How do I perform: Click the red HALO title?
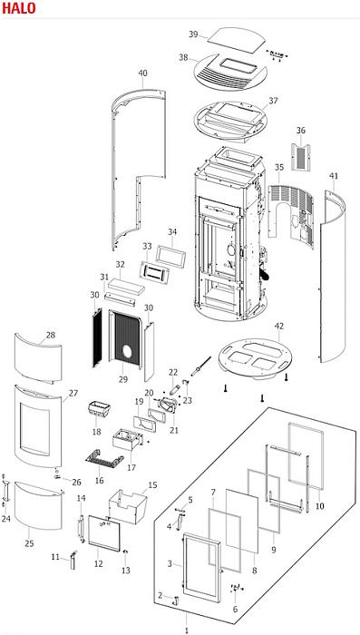19,7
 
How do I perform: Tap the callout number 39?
193,34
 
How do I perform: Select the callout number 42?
279,326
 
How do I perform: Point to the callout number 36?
300,131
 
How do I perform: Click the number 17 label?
131,468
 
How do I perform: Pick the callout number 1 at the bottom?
186,630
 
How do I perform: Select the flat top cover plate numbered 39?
237,40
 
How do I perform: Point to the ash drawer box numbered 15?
128,506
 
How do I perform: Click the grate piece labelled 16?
104,461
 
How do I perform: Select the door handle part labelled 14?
81,529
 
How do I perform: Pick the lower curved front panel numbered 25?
38,505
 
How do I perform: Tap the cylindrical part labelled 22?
173,390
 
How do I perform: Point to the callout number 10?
319,506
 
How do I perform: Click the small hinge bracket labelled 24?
5,491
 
